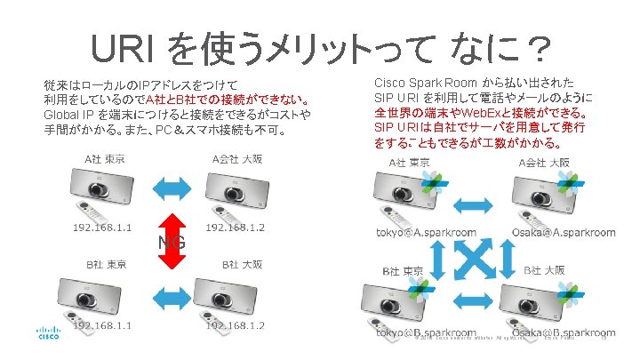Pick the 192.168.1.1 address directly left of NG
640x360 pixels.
pos(104,228)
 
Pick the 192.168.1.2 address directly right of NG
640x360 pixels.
pos(235,228)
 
